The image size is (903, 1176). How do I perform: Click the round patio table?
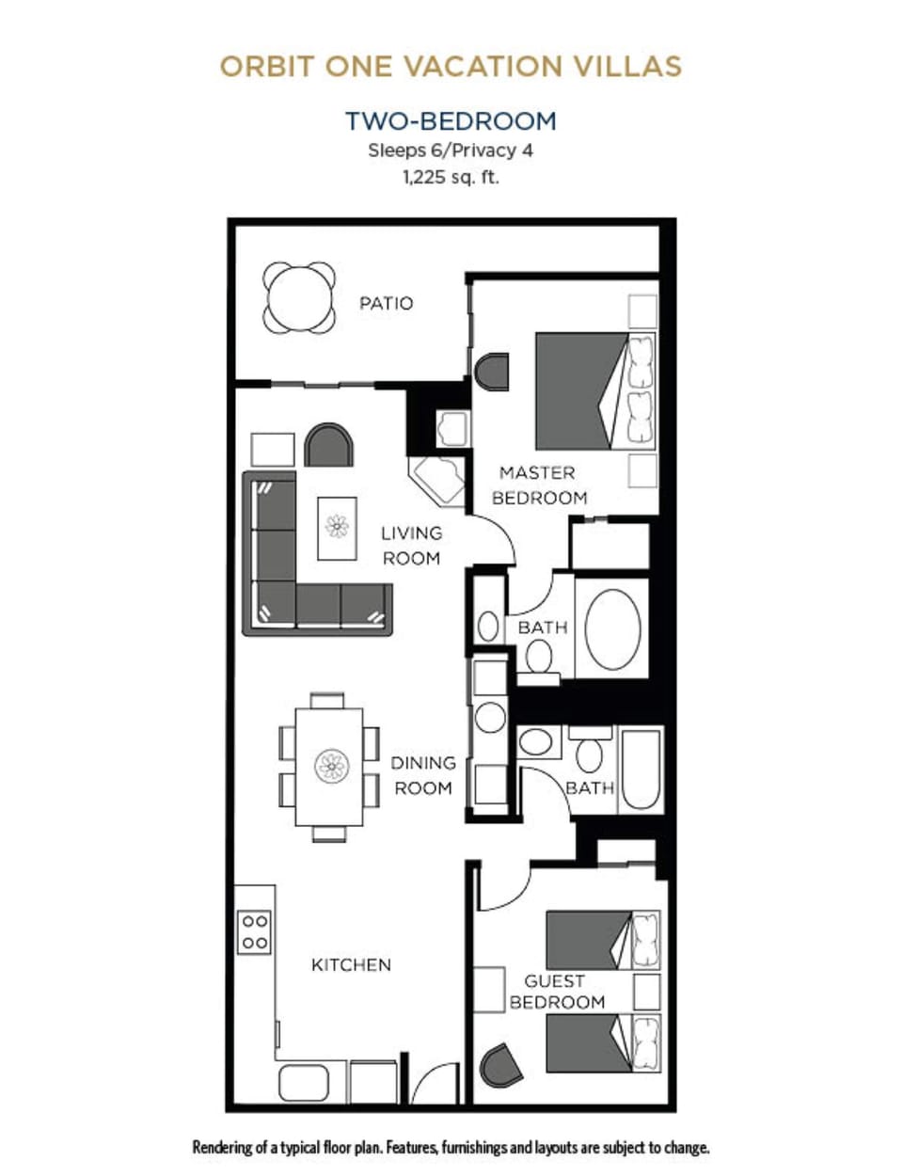coord(299,298)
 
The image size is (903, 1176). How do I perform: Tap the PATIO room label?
coord(386,303)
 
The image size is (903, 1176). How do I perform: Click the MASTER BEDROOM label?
coord(539,485)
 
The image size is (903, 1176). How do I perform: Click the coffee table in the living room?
coord(337,529)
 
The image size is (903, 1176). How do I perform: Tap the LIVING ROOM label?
coord(411,546)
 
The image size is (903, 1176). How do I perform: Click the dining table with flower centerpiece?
coord(329,766)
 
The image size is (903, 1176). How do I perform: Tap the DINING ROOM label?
coord(423,775)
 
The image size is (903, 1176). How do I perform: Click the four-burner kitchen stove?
coord(255,931)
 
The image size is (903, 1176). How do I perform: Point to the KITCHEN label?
coord(351,965)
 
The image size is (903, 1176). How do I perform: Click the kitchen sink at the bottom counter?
coord(303,1083)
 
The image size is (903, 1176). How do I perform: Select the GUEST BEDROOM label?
coord(556,992)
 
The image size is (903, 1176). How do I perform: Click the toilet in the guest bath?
coord(590,755)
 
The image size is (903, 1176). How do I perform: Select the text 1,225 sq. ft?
coord(451,177)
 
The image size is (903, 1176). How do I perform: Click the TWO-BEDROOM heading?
coord(451,121)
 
